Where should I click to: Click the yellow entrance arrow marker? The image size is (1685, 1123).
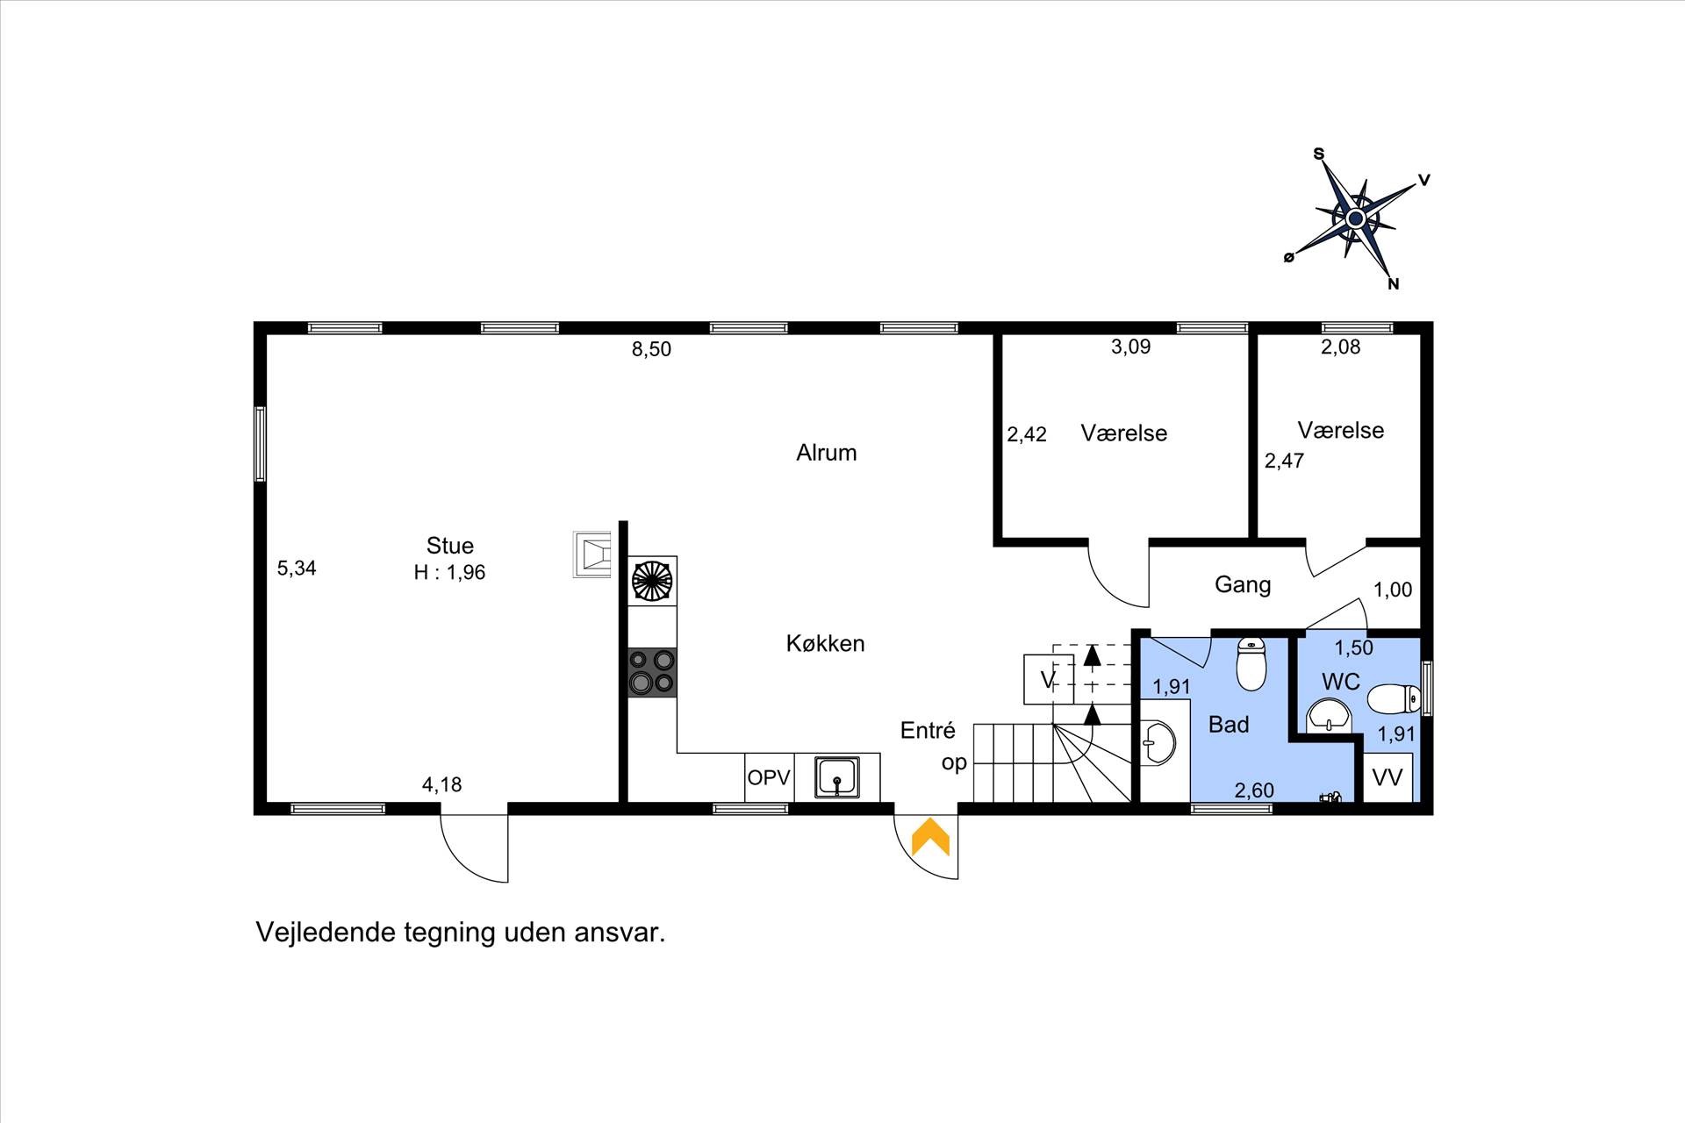point(930,837)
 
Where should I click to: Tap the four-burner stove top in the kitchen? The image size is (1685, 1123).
point(652,672)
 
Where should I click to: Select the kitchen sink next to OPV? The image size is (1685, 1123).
point(837,777)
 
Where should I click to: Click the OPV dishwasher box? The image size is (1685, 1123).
point(769,777)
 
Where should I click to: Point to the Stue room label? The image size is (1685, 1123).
point(450,546)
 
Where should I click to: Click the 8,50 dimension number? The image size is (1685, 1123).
point(651,349)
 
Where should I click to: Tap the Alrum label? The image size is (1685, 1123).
point(827,453)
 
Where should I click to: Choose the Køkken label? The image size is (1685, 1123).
point(826,644)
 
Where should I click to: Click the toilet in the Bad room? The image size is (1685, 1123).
point(1251,664)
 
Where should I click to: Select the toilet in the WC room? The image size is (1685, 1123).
point(1395,699)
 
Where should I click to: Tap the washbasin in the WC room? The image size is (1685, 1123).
point(1330,715)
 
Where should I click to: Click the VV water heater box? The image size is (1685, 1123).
point(1387,777)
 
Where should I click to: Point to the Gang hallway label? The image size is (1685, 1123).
point(1243,584)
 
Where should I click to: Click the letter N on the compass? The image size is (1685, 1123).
point(1393,284)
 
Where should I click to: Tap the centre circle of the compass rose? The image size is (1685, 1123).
point(1355,218)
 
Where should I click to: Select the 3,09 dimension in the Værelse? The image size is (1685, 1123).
point(1130,347)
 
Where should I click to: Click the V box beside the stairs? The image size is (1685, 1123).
point(1048,679)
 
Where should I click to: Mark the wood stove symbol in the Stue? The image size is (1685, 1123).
point(592,554)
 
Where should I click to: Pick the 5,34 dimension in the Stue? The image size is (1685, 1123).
point(297,569)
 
